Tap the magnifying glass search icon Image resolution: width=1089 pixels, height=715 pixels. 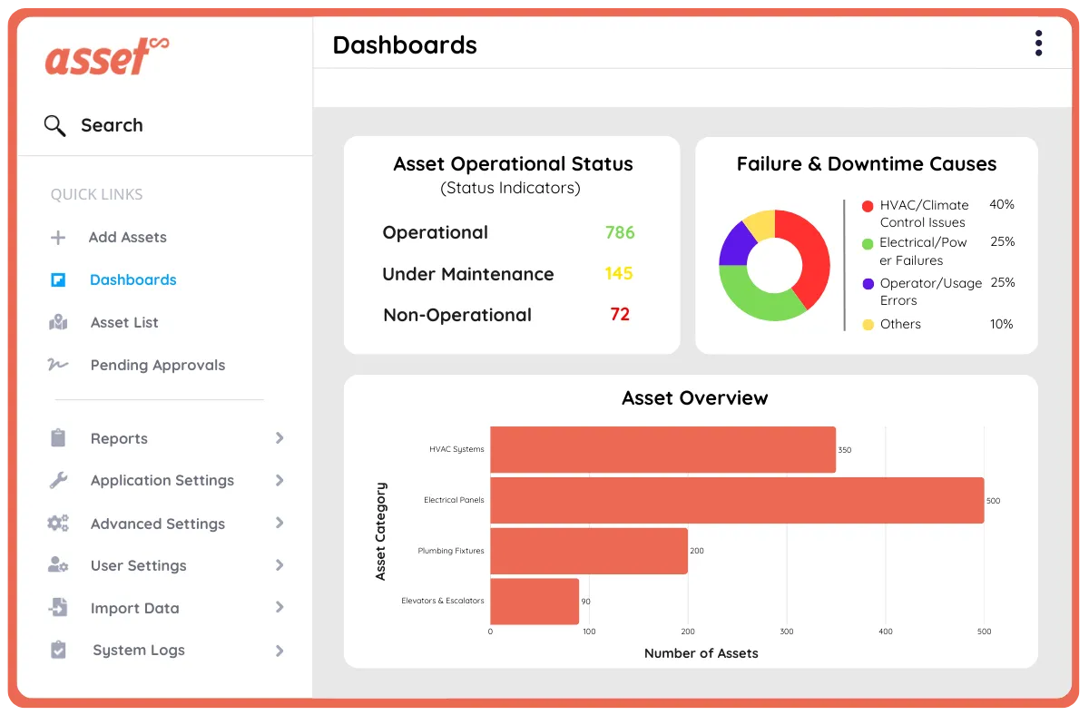click(55, 126)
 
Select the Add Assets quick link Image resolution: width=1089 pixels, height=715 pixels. click(127, 237)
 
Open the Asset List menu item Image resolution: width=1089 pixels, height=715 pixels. click(124, 322)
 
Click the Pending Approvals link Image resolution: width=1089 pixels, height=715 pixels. click(157, 365)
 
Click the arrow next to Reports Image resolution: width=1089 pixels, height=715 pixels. click(280, 438)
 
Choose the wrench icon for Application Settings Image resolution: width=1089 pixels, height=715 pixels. click(58, 481)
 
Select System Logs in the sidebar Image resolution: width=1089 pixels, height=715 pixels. click(138, 650)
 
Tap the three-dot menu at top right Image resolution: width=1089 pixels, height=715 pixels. click(1038, 44)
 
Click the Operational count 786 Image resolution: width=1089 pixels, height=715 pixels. click(620, 232)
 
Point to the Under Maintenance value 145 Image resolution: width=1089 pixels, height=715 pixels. click(619, 273)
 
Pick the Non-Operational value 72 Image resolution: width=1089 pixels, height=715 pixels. click(620, 314)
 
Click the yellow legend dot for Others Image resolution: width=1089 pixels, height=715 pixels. click(868, 324)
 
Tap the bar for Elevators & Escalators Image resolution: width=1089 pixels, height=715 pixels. click(535, 601)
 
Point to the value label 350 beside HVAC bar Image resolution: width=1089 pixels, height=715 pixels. click(845, 450)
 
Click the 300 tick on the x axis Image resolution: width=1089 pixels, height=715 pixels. click(787, 632)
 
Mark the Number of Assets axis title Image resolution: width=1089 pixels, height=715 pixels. click(701, 652)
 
